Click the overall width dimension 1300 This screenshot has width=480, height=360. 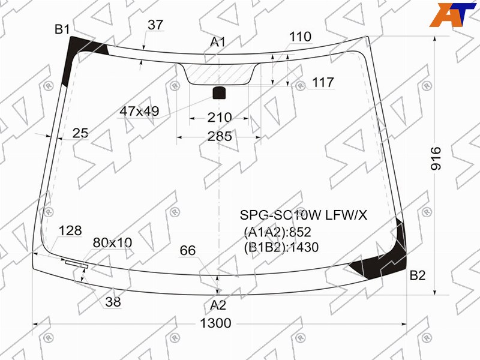[215, 323]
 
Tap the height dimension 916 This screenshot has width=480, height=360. [436, 158]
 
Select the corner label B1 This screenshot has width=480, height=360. [62, 29]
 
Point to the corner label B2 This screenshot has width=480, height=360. [418, 275]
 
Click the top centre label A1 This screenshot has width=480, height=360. [218, 42]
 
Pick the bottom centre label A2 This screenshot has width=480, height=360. [218, 305]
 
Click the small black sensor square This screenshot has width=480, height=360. [219, 93]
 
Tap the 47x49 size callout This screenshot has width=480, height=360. [139, 111]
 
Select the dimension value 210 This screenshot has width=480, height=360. [220, 118]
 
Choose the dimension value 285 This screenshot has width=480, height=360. [220, 136]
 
